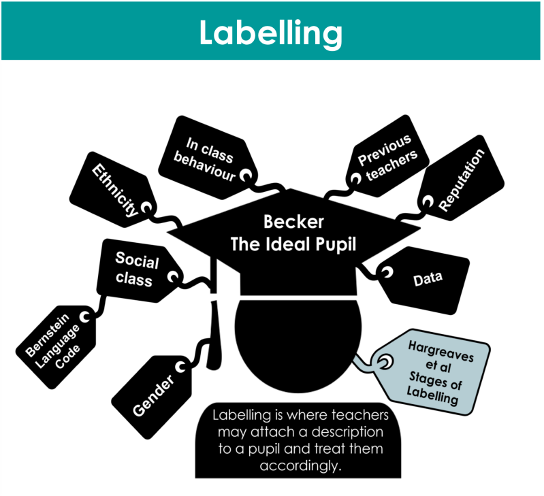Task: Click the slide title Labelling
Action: click(270, 32)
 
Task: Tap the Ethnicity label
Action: click(115, 190)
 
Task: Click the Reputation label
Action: click(462, 180)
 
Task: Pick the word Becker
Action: click(293, 222)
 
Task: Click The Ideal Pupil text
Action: click(293, 244)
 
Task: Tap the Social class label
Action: click(136, 269)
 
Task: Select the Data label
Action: click(428, 278)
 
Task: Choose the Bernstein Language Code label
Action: click(53, 342)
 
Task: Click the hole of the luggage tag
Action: click(385, 364)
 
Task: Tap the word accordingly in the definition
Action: click(300, 466)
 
